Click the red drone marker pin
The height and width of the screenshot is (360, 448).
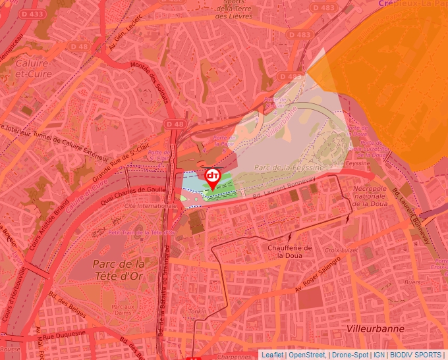(213, 178)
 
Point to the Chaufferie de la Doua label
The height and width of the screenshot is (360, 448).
(285, 251)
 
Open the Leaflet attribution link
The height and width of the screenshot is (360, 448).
(271, 355)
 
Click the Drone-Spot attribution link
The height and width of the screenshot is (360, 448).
(349, 355)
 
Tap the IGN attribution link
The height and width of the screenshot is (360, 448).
(379, 355)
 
